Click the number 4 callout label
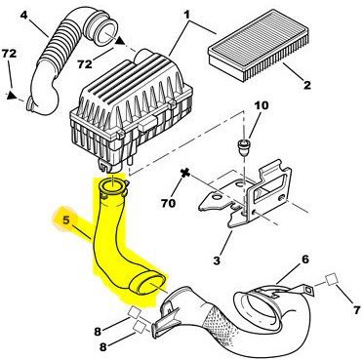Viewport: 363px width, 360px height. (x=23, y=15)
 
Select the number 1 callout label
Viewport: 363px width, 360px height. (x=186, y=15)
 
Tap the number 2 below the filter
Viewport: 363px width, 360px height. (x=306, y=85)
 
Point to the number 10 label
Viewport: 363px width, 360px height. (x=262, y=105)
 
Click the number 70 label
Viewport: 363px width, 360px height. (x=168, y=203)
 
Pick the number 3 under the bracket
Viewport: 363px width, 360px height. (x=217, y=260)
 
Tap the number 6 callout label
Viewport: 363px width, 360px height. (x=304, y=260)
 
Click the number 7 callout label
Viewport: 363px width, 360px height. (x=357, y=309)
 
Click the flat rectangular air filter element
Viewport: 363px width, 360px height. (x=258, y=46)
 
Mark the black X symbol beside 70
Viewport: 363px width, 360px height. (x=185, y=173)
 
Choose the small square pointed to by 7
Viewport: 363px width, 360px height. (x=332, y=280)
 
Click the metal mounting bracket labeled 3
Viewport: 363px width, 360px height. (x=247, y=198)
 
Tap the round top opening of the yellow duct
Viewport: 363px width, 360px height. (x=112, y=187)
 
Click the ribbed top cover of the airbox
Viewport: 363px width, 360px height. (x=134, y=85)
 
